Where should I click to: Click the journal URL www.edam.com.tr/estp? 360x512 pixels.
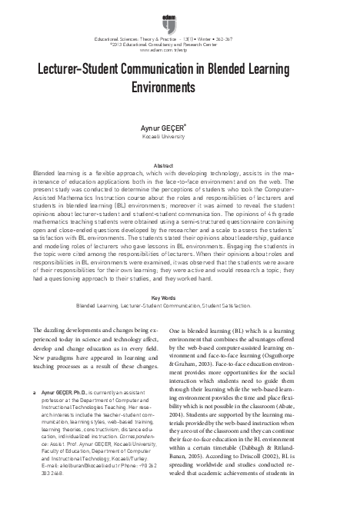[179, 48]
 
